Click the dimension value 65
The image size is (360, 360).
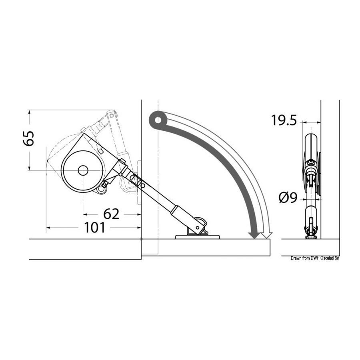pos(29,138)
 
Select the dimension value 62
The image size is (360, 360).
pos(111,214)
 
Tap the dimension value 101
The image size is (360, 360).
pos(95,228)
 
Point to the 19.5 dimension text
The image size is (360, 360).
pos(284,120)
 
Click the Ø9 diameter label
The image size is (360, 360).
pos(288,198)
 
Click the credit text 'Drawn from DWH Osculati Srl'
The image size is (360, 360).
pos(315,258)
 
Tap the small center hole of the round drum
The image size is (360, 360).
pos(83,170)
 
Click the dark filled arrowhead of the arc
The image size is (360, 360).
pos(255,235)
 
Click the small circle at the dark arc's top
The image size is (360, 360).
pos(158,120)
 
